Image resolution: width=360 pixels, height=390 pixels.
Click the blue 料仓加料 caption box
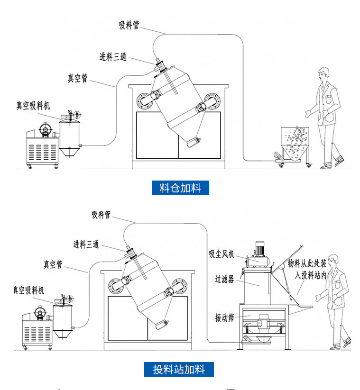180,188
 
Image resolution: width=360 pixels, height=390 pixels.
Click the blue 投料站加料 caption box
179,369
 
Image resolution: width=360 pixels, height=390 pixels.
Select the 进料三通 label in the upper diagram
112,57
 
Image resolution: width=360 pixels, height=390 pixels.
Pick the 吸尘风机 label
222,254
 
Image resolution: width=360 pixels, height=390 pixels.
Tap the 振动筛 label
224,317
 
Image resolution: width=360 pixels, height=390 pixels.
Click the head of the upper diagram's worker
323,74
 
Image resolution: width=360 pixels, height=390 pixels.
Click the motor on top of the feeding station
260,249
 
